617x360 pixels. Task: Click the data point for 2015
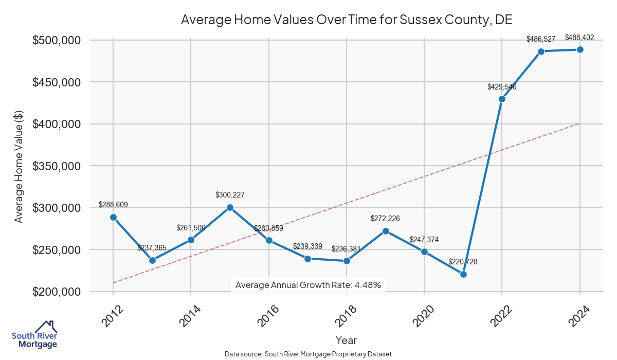click(230, 207)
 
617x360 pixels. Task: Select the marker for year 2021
click(463, 274)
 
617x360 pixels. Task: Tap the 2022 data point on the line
click(502, 99)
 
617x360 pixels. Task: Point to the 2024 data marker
click(580, 49)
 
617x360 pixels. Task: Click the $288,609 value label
click(113, 205)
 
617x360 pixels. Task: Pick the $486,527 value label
click(541, 39)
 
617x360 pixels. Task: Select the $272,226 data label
click(385, 219)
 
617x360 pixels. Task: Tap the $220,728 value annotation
click(463, 262)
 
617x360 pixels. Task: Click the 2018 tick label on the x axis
click(341, 315)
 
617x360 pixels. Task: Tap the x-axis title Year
click(346, 340)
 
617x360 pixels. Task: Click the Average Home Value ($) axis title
click(19, 166)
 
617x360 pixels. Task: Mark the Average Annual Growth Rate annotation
click(308, 285)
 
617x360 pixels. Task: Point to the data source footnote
click(308, 354)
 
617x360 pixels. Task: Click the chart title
click(347, 20)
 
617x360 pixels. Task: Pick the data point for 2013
click(152, 260)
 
